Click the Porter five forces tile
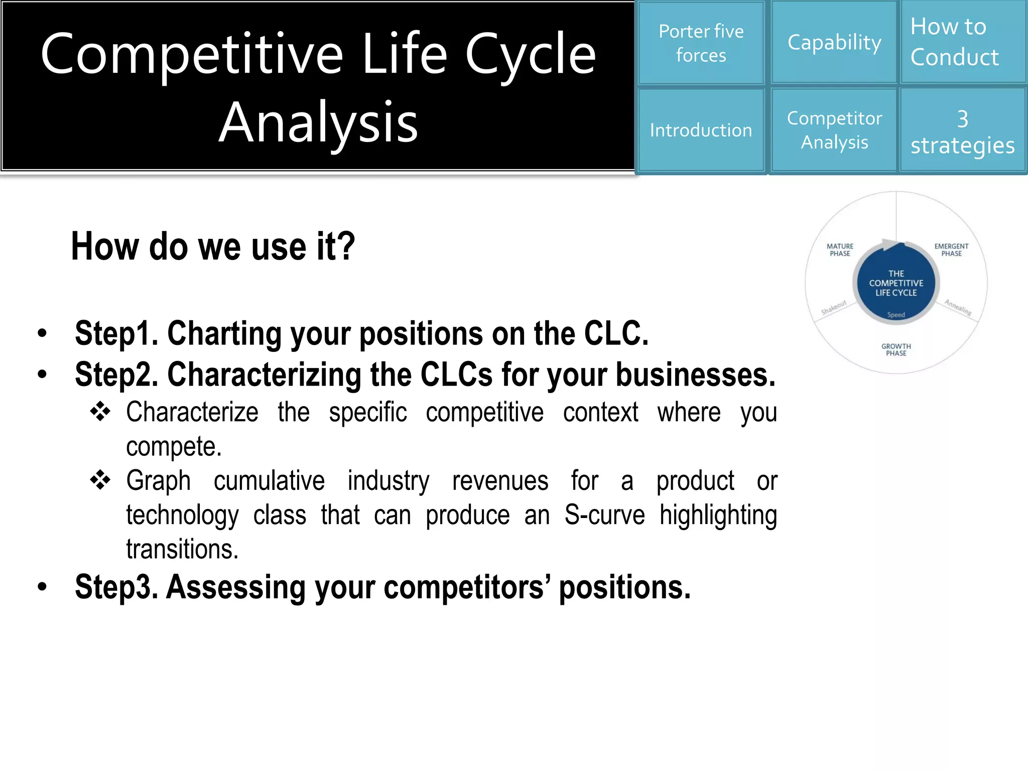pyautogui.click(x=701, y=43)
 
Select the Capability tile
pyautogui.click(x=834, y=43)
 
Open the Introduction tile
pyautogui.click(x=701, y=131)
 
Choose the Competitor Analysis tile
pyautogui.click(x=834, y=131)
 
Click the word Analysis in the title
pyautogui.click(x=318, y=122)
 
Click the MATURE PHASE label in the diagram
pyautogui.click(x=840, y=250)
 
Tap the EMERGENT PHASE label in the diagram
pyautogui.click(x=951, y=250)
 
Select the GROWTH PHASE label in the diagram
pyautogui.click(x=896, y=350)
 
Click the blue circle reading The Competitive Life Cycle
pyautogui.click(x=896, y=284)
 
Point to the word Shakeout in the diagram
pyautogui.click(x=834, y=307)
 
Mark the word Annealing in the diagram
pyautogui.click(x=958, y=307)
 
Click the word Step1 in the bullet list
pyautogui.click(x=116, y=334)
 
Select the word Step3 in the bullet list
pyautogui.click(x=116, y=587)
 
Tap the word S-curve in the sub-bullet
pyautogui.click(x=604, y=515)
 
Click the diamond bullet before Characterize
pyautogui.click(x=100, y=412)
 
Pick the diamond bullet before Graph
pyautogui.click(x=100, y=480)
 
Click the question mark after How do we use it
pyautogui.click(x=346, y=246)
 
